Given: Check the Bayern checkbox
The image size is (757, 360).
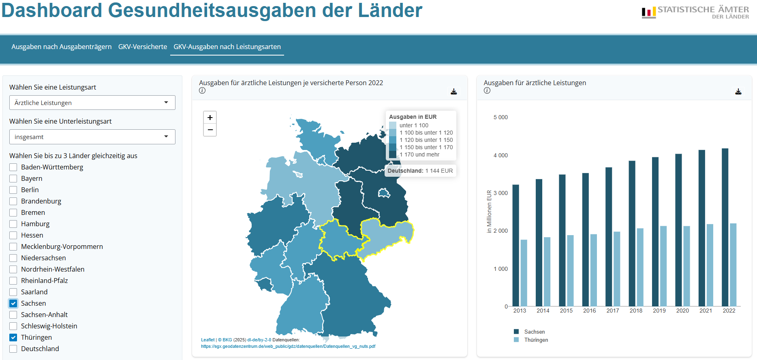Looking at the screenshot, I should (13, 179).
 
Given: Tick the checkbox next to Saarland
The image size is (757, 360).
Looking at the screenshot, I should (13, 292).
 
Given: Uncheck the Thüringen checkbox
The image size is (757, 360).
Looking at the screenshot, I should (13, 338).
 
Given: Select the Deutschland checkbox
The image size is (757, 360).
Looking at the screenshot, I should (13, 349).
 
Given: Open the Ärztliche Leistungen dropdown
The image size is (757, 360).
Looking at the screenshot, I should (92, 103).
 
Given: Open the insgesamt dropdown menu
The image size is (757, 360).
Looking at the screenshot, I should (92, 137).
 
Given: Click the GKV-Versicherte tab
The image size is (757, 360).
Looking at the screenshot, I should (143, 47).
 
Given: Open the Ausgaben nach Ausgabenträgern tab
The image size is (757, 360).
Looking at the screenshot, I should (61, 47).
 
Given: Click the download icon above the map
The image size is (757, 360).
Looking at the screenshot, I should (454, 92).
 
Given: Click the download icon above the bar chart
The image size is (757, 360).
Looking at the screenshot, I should (738, 92).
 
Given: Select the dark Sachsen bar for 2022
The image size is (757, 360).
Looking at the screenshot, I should (725, 227).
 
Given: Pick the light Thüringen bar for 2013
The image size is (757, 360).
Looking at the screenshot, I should (524, 272).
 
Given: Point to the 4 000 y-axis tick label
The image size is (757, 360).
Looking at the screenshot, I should (500, 155).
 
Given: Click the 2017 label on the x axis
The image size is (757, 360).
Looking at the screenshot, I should (613, 311).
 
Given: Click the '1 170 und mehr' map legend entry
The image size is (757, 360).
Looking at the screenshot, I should (419, 154).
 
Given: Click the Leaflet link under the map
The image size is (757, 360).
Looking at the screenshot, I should (208, 340).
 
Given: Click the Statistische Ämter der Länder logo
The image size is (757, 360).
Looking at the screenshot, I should (695, 12).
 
